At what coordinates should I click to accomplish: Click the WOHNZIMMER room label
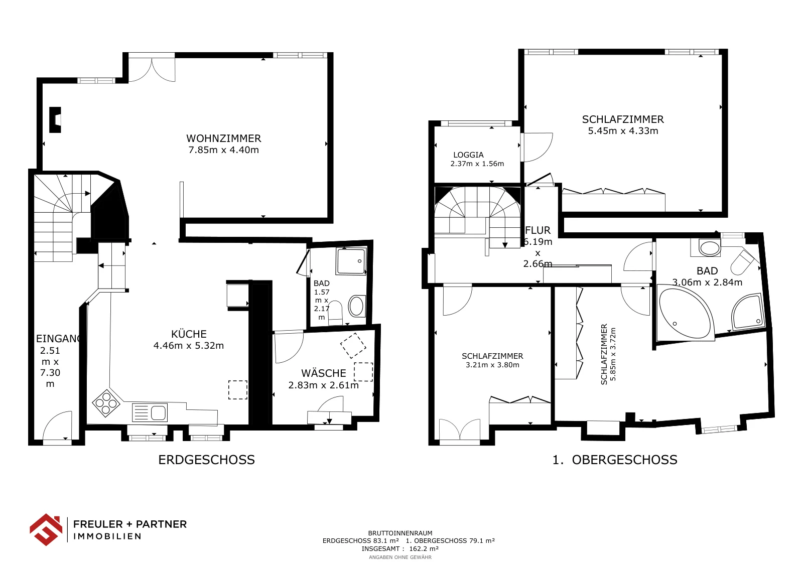[224, 138]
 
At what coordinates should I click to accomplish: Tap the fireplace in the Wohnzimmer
[55, 120]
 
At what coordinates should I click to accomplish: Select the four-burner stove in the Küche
[106, 403]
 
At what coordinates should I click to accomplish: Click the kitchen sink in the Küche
[150, 412]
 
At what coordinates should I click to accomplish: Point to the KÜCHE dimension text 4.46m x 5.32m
[189, 345]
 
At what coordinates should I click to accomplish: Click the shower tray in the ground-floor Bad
[351, 261]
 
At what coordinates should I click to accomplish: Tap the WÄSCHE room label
[324, 373]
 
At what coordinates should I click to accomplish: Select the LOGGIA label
[469, 155]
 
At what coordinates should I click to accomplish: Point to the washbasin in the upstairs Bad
[710, 248]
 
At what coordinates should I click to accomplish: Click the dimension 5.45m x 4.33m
[623, 131]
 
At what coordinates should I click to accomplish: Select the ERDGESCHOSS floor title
[206, 460]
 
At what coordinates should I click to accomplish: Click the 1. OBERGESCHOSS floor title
[615, 460]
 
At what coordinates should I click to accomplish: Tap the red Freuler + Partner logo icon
[46, 530]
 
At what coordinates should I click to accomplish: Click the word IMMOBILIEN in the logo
[107, 536]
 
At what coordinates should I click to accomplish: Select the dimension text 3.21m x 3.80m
[492, 365]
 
